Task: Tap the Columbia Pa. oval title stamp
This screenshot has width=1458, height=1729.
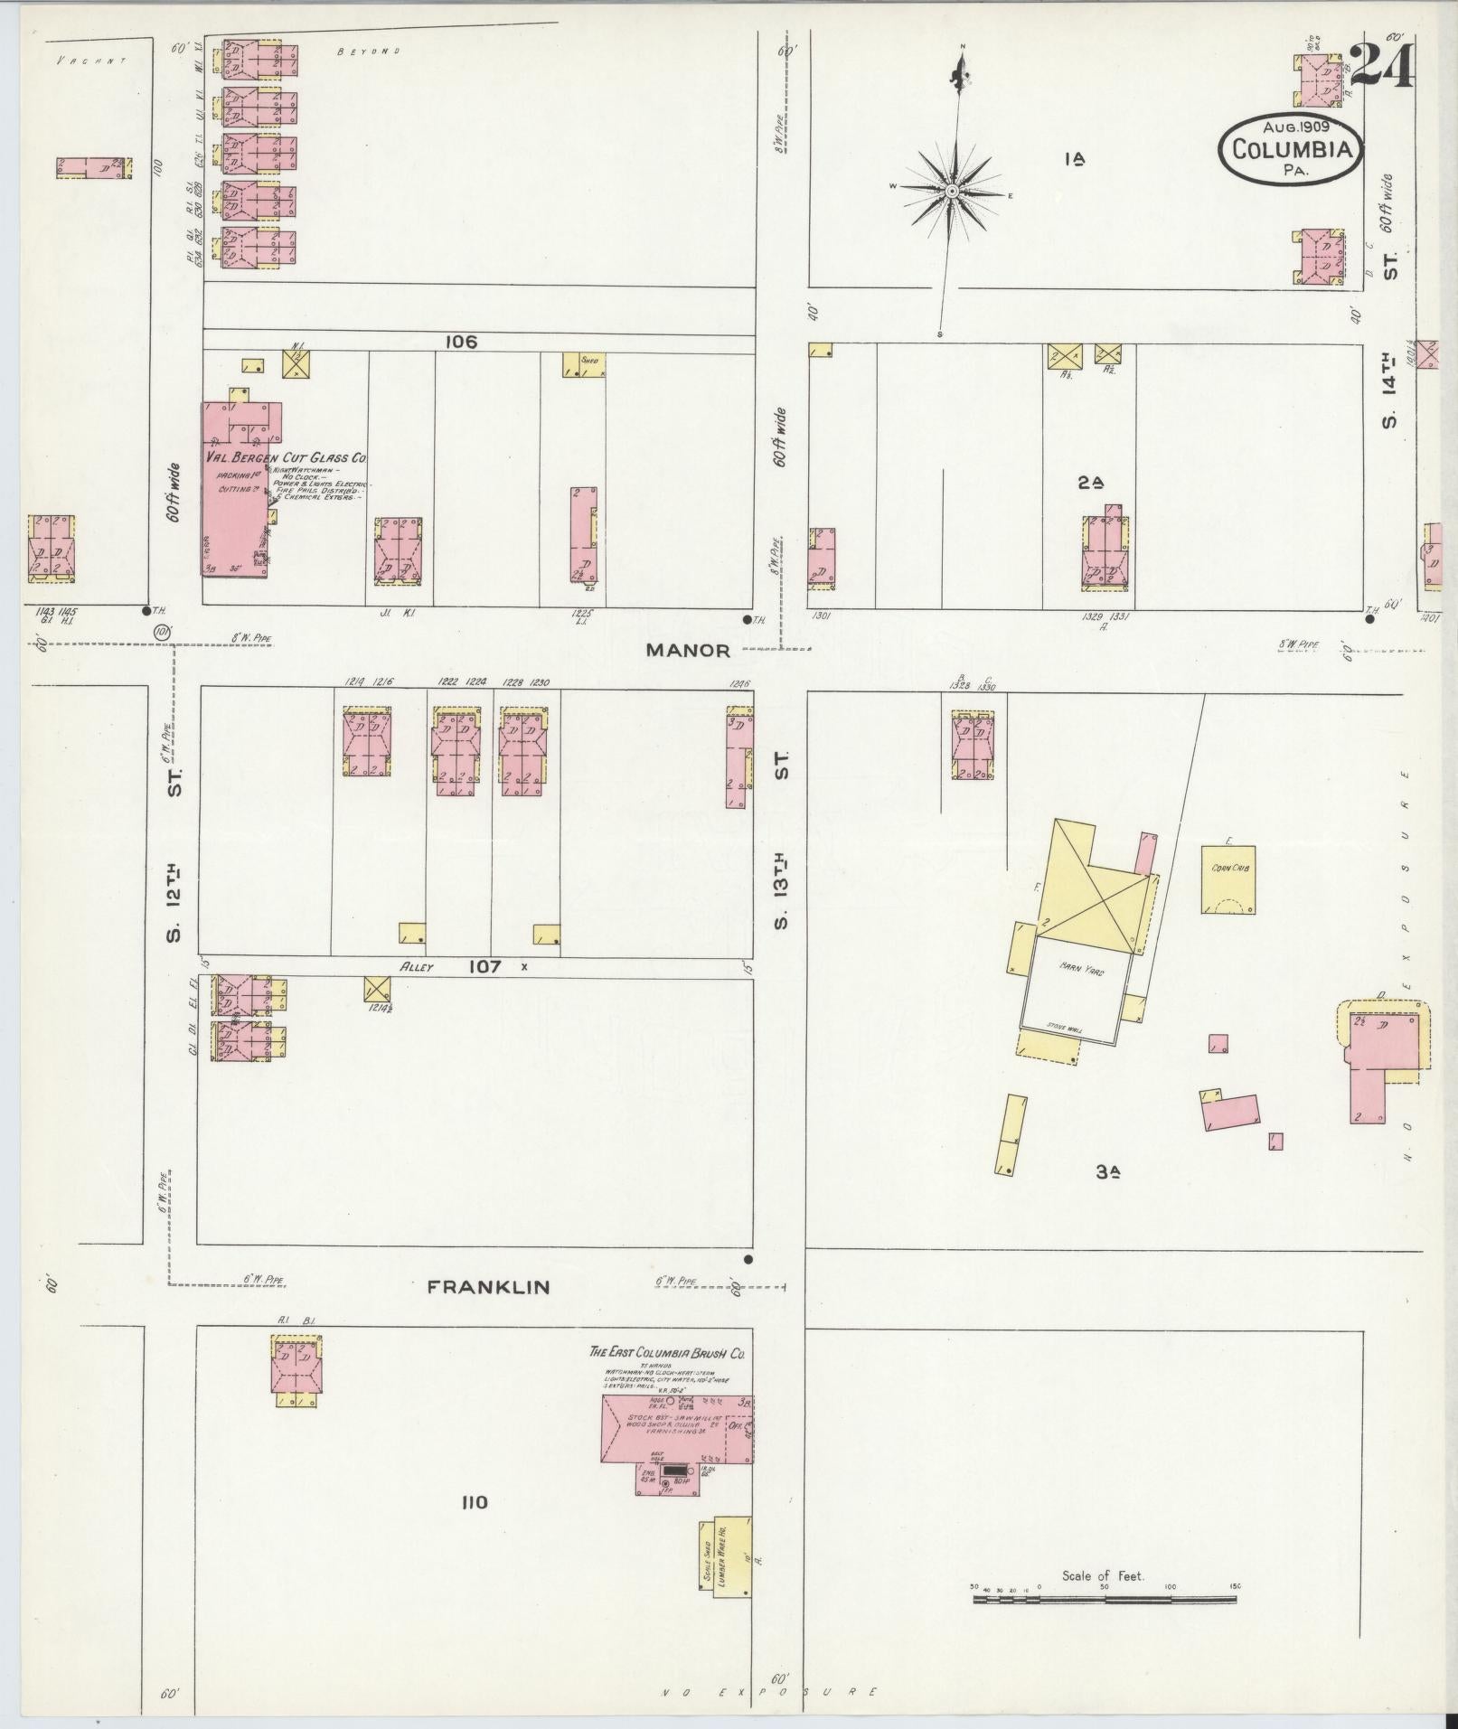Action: point(1290,147)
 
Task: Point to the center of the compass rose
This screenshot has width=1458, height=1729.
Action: point(952,191)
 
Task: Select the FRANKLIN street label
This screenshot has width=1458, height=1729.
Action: point(488,1286)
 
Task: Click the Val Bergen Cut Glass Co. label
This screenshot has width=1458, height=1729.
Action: point(284,458)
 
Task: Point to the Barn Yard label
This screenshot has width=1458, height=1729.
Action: point(1076,966)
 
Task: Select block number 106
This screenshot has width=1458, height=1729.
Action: point(461,343)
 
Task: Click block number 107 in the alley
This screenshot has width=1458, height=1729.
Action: point(484,966)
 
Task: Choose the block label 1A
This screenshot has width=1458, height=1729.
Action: point(1075,160)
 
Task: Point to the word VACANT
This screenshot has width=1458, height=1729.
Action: point(89,61)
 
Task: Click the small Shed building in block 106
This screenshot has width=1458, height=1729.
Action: point(583,364)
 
